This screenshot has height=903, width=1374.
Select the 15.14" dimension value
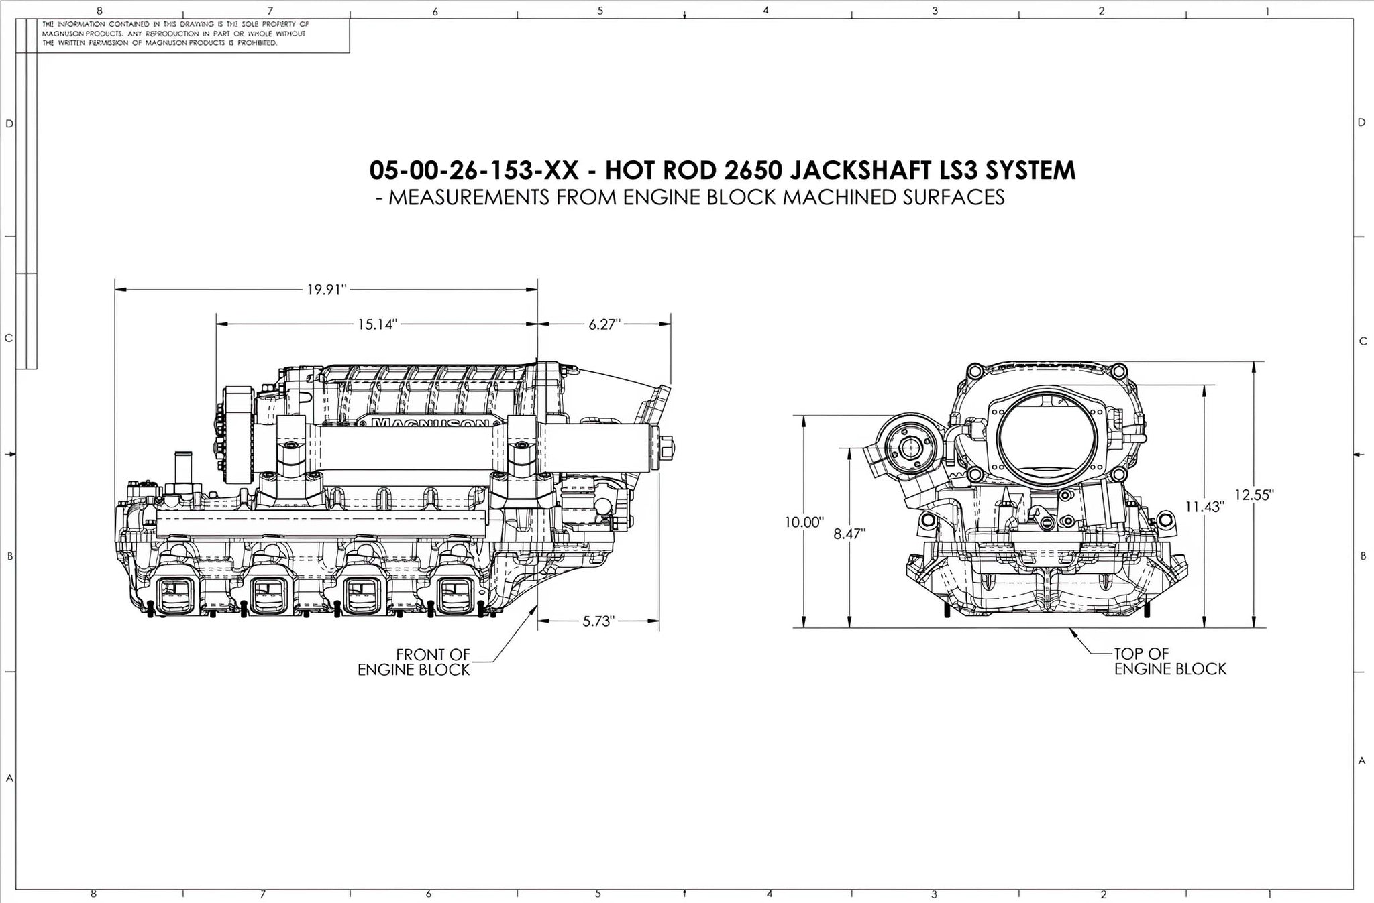coord(377,325)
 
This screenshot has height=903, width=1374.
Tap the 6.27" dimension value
coord(604,325)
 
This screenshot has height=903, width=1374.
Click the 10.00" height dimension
coord(804,522)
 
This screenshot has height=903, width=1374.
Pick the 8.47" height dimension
coord(849,534)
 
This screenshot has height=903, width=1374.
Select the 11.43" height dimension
coord(1204,507)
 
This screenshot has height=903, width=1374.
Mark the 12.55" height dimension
coord(1254,495)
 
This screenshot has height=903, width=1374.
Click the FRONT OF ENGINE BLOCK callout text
coord(413,662)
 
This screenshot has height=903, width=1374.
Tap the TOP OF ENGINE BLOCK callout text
coord(1170,661)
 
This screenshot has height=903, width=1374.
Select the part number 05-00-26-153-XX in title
coord(474,170)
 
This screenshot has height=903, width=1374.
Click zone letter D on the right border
coord(1361,123)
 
